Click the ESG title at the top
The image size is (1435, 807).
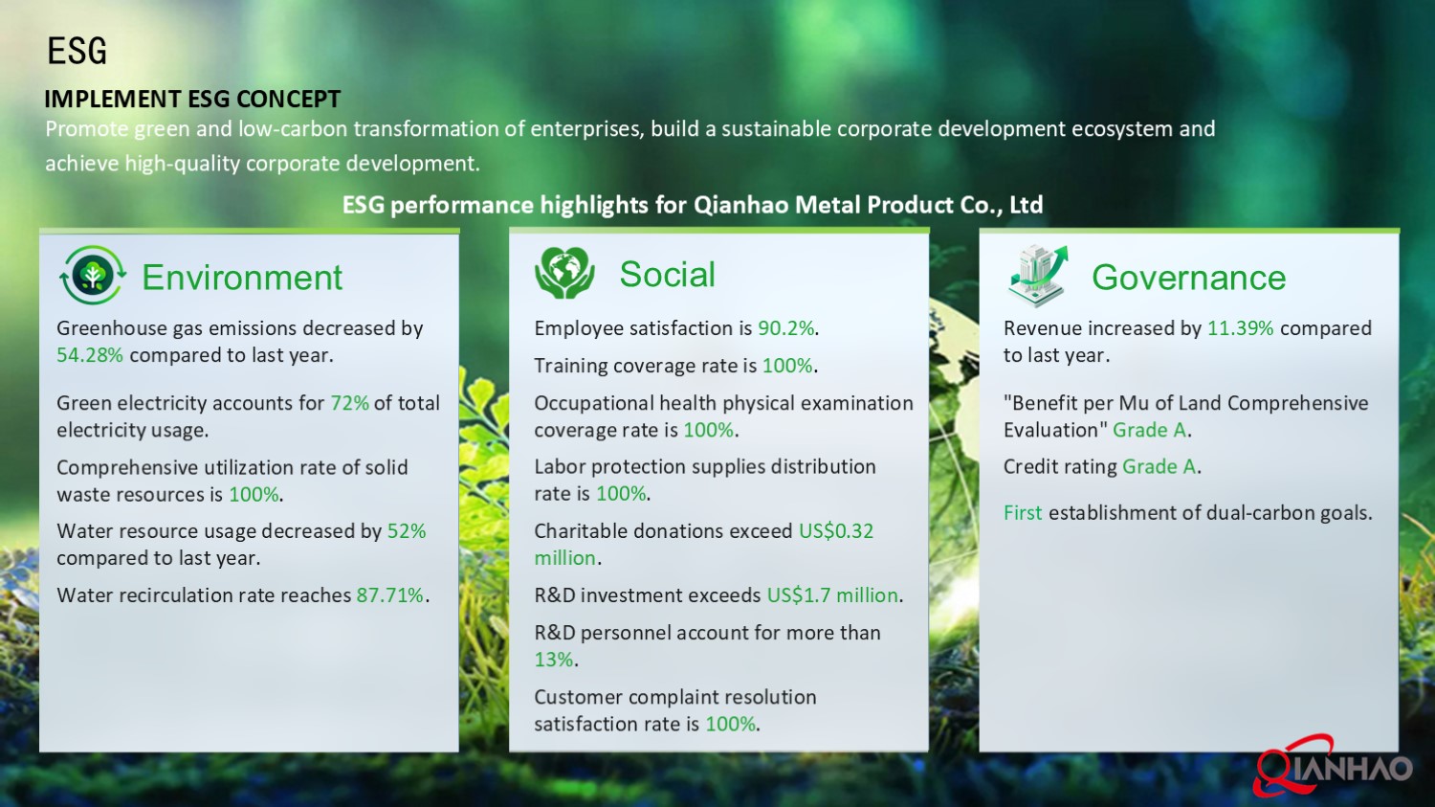[77, 51]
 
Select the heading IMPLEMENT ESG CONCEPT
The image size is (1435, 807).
[192, 100]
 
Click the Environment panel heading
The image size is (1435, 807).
[242, 278]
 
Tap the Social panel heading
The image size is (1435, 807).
[667, 275]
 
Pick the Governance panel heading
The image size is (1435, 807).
[1188, 278]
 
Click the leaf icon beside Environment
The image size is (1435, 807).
[93, 276]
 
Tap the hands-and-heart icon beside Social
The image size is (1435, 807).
[564, 273]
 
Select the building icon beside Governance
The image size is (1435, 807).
[1037, 274]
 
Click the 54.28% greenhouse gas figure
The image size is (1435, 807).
[90, 355]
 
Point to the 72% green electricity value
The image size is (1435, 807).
[349, 403]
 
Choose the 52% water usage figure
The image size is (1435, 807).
[407, 531]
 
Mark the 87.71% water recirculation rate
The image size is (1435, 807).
[390, 595]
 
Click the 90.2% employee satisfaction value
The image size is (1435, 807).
[786, 328]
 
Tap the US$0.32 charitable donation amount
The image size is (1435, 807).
[835, 531]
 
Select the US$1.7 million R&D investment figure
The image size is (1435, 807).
[832, 595]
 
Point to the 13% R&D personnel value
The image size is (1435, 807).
[554, 660]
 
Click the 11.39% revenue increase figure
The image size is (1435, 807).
[1240, 328]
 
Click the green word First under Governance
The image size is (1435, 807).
[1023, 513]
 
